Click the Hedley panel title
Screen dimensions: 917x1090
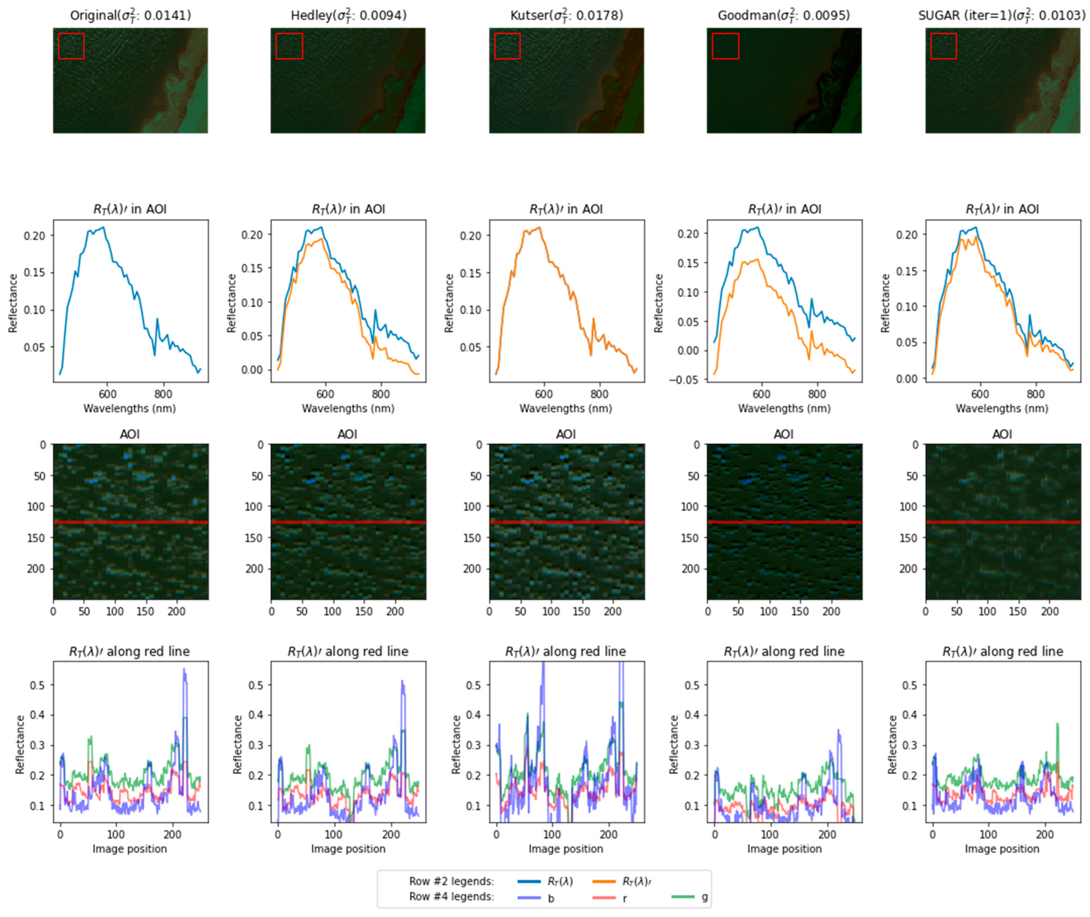[x=348, y=16]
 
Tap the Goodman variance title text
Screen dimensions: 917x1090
[x=784, y=16]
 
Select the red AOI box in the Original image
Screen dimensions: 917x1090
[x=71, y=46]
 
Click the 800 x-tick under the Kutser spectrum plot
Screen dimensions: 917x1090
[x=599, y=394]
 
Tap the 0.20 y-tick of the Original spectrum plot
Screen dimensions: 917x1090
[x=35, y=236]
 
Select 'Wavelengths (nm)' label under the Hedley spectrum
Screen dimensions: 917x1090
[x=348, y=409]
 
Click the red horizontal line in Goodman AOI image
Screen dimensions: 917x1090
[x=784, y=522]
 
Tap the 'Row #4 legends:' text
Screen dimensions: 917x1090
[x=451, y=897]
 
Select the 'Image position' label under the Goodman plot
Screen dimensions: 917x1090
[x=784, y=849]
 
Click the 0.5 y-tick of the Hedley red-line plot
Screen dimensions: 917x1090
[x=256, y=685]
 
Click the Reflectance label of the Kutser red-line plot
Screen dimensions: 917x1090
[x=456, y=744]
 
